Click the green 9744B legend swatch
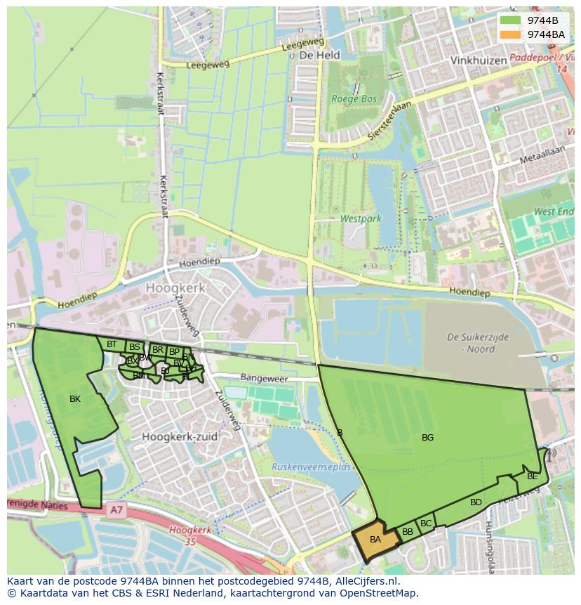(x=510, y=20)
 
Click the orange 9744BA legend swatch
(x=510, y=34)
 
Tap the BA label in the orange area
(x=375, y=540)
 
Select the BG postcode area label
(x=427, y=438)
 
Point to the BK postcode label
(x=75, y=399)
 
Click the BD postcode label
(x=476, y=502)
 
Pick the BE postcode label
(x=532, y=476)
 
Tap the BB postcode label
(x=408, y=532)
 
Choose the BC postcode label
(x=426, y=523)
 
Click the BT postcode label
(x=112, y=344)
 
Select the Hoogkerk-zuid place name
(x=180, y=436)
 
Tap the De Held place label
(x=319, y=55)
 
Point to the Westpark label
(x=361, y=219)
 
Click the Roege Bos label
(x=354, y=99)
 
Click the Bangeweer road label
(x=264, y=378)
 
